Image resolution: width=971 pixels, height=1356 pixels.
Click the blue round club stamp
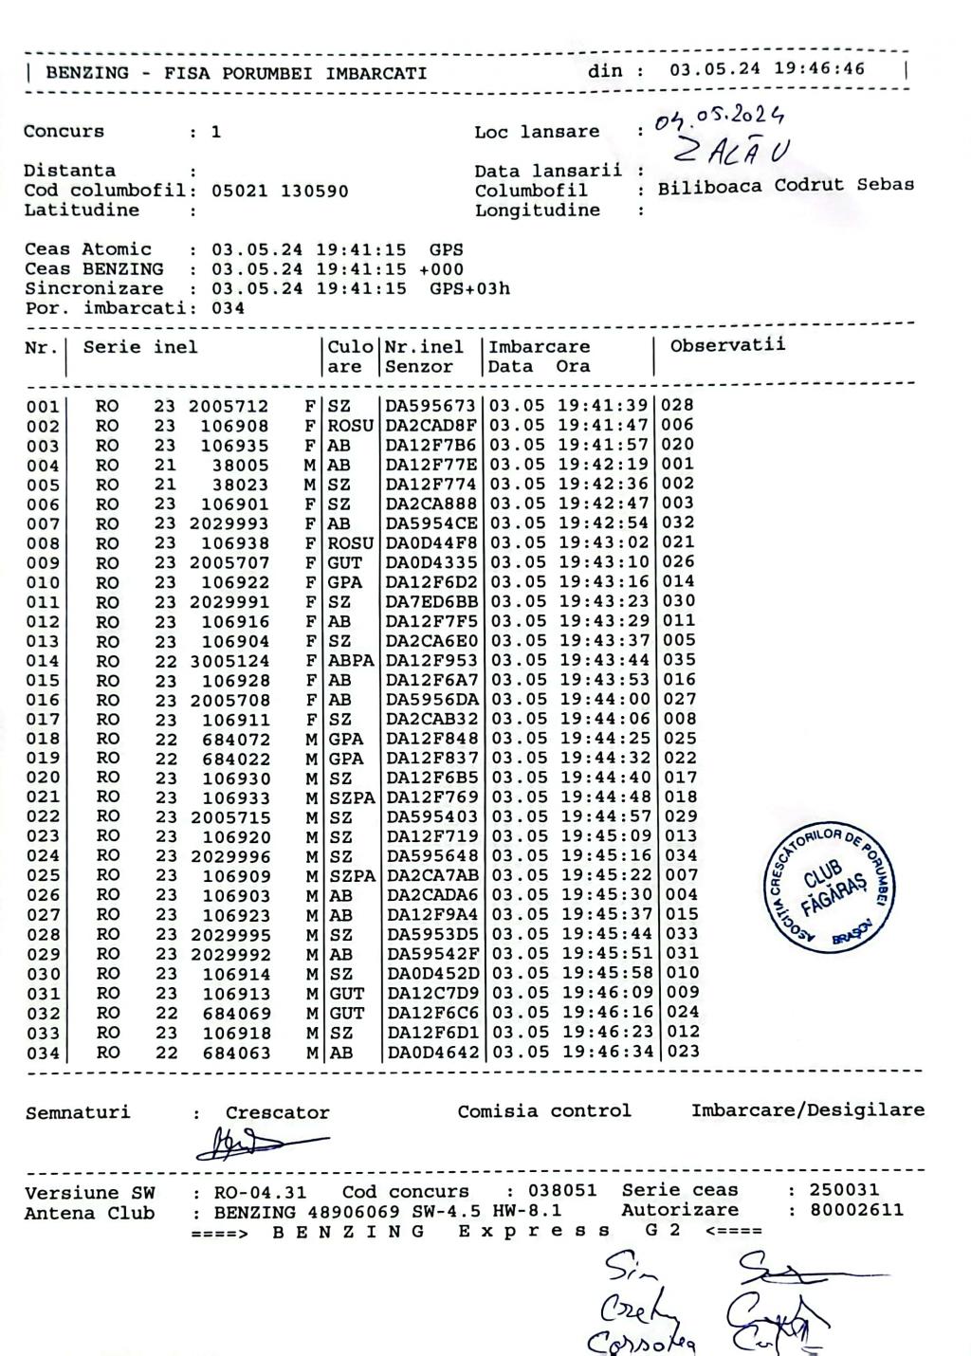[x=829, y=886]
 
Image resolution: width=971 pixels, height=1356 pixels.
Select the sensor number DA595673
[x=431, y=406]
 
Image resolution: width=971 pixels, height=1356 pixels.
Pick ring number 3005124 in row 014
[x=229, y=661]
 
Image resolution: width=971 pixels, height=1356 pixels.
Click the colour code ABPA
[x=351, y=661]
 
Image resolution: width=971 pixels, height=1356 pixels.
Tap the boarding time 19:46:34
[x=603, y=1052]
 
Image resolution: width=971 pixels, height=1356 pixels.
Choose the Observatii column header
[x=727, y=345]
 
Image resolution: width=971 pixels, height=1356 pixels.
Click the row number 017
[x=42, y=720]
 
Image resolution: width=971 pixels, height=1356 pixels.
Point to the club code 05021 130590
[x=280, y=191]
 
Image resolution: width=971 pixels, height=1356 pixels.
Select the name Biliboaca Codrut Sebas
[x=786, y=186]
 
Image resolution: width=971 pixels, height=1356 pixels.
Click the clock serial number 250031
[x=844, y=1189]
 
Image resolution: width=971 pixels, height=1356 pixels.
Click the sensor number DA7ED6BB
[x=431, y=601]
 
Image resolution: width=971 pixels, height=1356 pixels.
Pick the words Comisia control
[x=544, y=1111]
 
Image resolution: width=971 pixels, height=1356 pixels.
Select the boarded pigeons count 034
[x=228, y=308]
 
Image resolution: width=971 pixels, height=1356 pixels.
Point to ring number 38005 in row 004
[x=240, y=465]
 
